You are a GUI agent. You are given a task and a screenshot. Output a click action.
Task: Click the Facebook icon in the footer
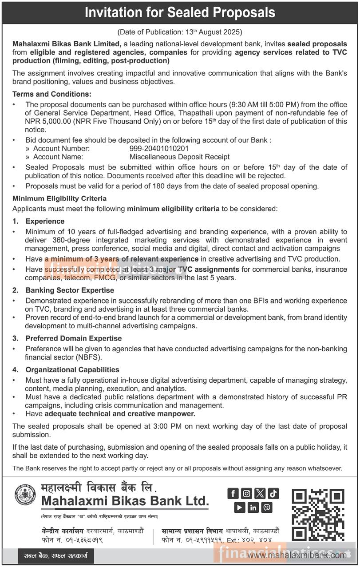click(233, 493)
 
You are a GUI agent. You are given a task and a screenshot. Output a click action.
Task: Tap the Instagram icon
click(246, 493)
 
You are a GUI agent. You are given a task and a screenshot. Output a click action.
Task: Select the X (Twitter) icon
click(260, 493)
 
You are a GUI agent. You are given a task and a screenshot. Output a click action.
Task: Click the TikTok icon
click(273, 493)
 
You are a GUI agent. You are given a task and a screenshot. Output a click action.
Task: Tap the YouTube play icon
click(240, 507)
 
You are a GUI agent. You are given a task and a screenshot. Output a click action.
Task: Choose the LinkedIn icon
click(253, 507)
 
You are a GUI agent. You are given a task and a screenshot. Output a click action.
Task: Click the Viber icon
click(267, 507)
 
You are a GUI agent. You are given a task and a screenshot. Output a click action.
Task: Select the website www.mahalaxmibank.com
click(297, 555)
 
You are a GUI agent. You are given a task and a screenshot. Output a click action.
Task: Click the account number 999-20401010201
click(159, 148)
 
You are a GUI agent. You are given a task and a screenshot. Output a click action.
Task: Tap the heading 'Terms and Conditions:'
click(52, 94)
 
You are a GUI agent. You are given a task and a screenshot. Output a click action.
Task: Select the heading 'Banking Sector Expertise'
click(70, 290)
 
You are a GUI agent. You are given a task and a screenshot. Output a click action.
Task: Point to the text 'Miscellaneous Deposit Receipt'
click(179, 157)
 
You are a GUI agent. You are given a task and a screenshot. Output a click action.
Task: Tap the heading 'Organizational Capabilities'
click(72, 369)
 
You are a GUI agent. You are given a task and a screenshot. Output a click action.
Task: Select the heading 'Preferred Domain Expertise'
click(73, 338)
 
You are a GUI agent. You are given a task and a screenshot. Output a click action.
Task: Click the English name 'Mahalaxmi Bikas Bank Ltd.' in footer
click(125, 501)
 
